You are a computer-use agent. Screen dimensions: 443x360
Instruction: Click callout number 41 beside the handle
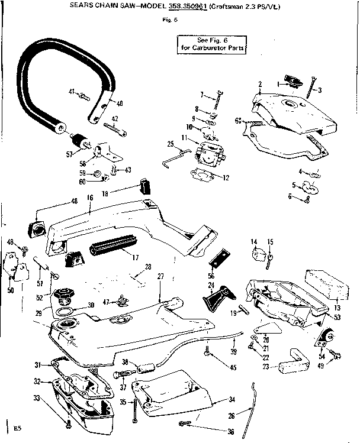(71, 92)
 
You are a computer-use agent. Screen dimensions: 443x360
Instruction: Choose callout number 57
(69, 154)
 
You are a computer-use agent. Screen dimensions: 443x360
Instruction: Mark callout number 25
(171, 144)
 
